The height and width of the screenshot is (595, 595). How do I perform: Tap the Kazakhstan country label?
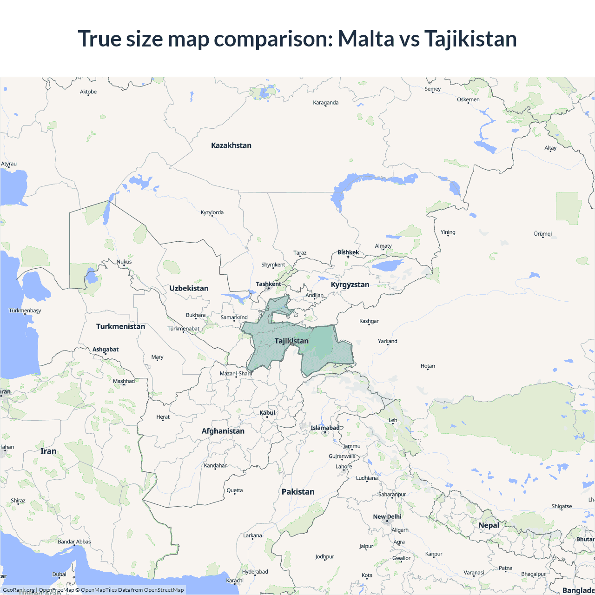point(231,145)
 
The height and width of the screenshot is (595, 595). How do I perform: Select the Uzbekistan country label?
point(189,288)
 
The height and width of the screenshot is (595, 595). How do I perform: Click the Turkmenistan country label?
point(120,326)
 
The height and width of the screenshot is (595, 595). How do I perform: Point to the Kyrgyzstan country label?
point(350,284)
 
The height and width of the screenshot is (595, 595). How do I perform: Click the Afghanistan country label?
point(223,431)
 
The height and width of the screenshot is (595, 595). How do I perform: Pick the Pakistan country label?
point(298,492)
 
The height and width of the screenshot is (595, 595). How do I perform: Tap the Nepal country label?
point(489,525)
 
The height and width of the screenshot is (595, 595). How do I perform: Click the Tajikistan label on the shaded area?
point(291,341)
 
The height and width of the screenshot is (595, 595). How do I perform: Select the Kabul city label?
point(267,413)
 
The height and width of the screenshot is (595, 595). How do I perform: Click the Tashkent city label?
point(268,284)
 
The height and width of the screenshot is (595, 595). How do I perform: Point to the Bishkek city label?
point(348,252)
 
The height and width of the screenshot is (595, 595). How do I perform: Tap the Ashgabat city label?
point(106,350)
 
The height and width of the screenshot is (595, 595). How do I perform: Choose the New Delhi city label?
point(387,517)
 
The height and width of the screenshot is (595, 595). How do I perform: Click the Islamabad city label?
point(325,428)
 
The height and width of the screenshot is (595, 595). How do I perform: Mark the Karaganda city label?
point(326,103)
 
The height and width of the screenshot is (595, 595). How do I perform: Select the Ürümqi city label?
point(542,234)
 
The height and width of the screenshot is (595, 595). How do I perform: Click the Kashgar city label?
point(369,321)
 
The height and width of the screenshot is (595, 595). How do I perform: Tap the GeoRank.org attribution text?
point(19,590)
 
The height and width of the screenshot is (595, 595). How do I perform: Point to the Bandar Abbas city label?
point(74,542)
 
